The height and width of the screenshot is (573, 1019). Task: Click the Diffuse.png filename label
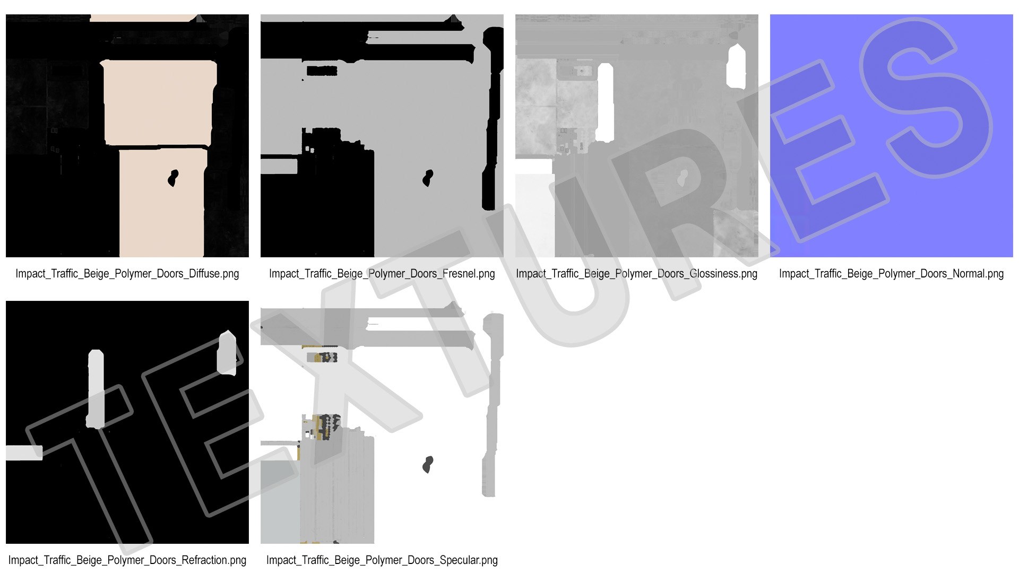(x=127, y=274)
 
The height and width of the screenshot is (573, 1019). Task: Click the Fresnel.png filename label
(x=382, y=274)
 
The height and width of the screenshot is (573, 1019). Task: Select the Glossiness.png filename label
(x=636, y=274)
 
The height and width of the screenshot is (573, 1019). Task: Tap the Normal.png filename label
(x=891, y=274)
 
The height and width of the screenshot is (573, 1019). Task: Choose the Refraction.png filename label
(x=127, y=560)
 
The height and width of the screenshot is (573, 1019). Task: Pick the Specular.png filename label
(x=382, y=560)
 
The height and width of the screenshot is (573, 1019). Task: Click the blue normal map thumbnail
(x=891, y=136)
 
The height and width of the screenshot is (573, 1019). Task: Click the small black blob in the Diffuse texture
(x=173, y=178)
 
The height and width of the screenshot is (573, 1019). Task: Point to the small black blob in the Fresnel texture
(x=428, y=178)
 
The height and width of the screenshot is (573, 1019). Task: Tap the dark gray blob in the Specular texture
(x=428, y=464)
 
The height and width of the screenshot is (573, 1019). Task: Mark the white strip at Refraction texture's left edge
(x=24, y=453)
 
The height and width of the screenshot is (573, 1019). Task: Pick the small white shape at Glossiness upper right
(x=736, y=67)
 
